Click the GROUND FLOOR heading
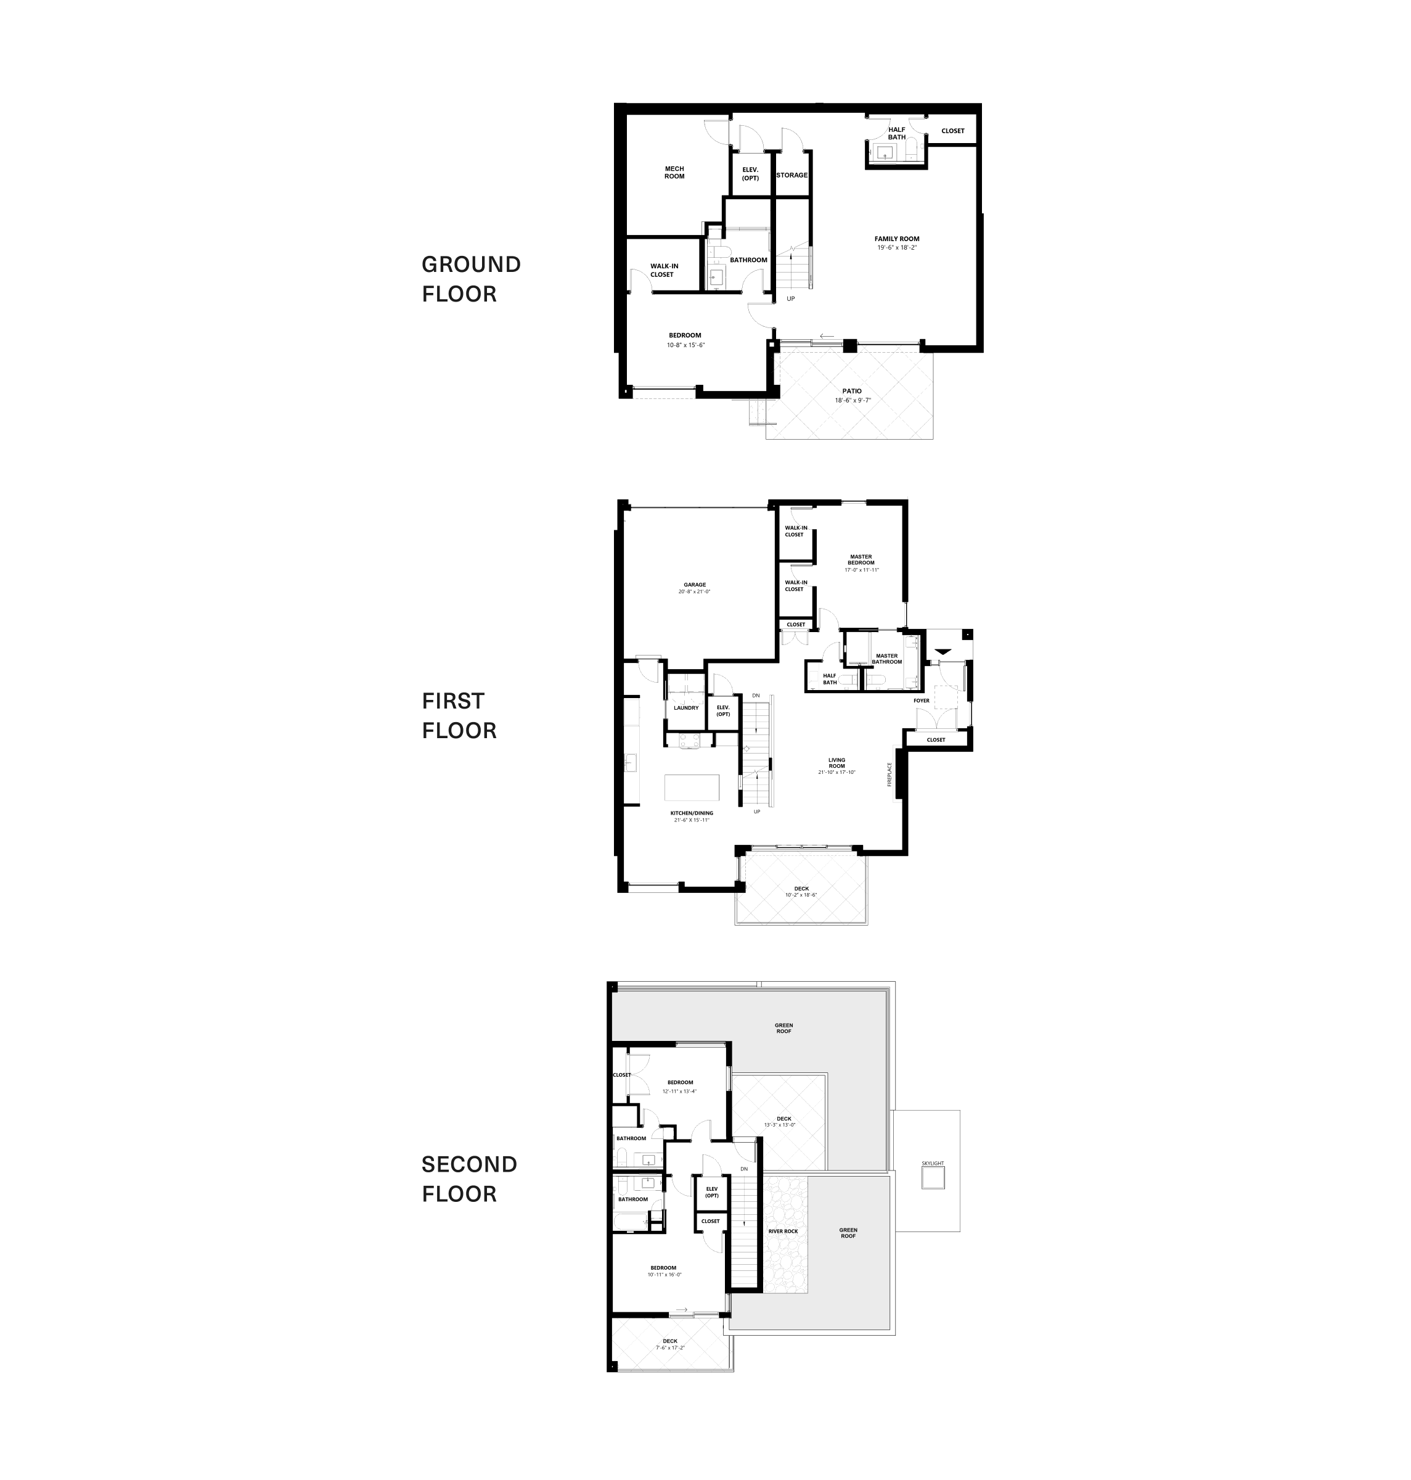point(471,279)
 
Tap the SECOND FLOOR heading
point(468,1179)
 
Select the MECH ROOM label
point(674,172)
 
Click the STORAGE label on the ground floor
point(791,175)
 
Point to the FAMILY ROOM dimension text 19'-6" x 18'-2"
point(896,247)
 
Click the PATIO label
point(851,391)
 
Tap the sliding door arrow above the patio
point(827,336)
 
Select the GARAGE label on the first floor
point(694,585)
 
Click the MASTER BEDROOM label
point(861,560)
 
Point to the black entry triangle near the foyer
point(943,652)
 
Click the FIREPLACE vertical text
point(889,775)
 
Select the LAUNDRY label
point(686,708)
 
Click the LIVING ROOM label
point(836,763)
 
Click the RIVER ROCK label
point(783,1231)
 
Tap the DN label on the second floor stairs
point(744,1169)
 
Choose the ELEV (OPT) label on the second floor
point(711,1192)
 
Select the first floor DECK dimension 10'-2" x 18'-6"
point(801,895)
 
